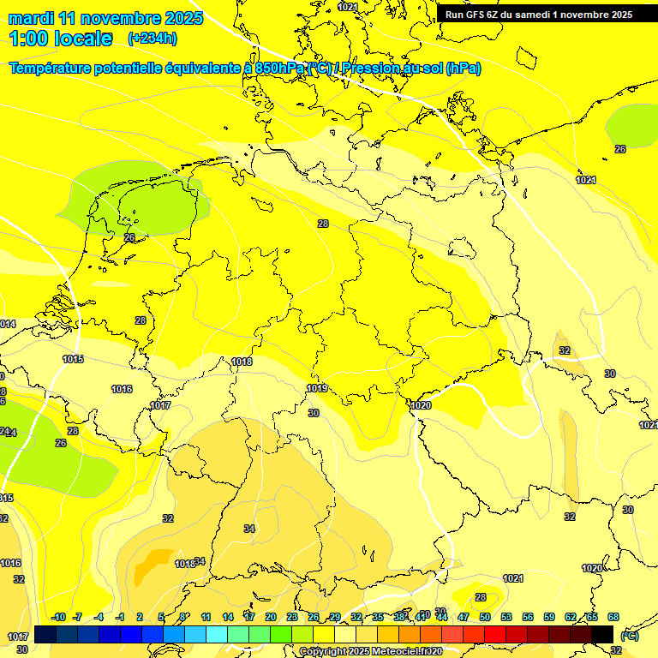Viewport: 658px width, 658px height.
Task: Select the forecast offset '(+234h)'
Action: [x=153, y=39]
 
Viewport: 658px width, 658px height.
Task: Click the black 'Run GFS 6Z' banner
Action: [x=538, y=14]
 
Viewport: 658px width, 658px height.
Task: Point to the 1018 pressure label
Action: [x=242, y=362]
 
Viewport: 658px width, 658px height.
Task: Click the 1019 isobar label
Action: [x=317, y=388]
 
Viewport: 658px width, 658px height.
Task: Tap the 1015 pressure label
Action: [x=73, y=359]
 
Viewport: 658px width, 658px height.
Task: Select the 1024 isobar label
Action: [x=586, y=180]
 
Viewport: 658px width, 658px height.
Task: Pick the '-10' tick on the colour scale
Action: [x=58, y=617]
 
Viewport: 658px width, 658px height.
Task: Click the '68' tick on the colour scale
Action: [x=613, y=617]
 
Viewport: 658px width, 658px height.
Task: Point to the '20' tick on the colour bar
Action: [x=271, y=617]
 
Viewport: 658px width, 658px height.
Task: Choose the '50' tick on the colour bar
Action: [x=485, y=617]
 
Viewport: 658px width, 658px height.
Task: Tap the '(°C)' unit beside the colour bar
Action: [x=630, y=637]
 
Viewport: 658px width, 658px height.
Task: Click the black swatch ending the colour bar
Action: [x=602, y=634]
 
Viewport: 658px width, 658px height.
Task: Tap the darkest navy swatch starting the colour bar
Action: [x=45, y=634]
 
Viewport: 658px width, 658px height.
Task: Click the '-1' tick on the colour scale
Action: [x=120, y=617]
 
